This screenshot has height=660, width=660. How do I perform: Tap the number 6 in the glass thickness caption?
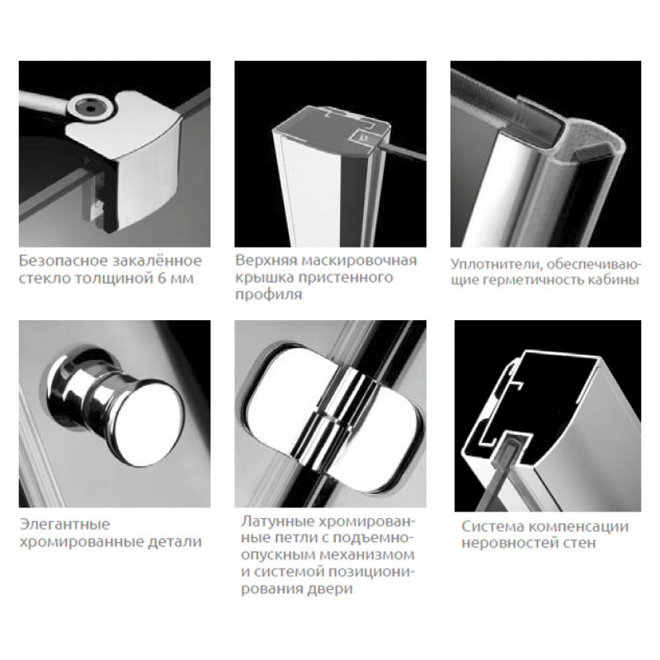162,278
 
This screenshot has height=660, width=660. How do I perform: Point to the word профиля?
269,295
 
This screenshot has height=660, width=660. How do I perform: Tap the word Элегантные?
65,525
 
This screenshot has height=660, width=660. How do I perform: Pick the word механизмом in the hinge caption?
367,555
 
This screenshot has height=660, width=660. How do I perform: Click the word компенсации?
578,526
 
